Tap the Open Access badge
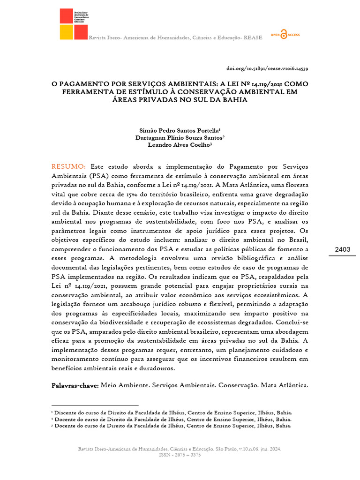[285, 36]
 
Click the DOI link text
[267, 68]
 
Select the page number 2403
[343, 249]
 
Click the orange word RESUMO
[68, 167]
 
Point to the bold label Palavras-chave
[75, 385]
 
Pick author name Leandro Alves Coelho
[180, 145]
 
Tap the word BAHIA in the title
[234, 100]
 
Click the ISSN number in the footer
[180, 455]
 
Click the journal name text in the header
[176, 37]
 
